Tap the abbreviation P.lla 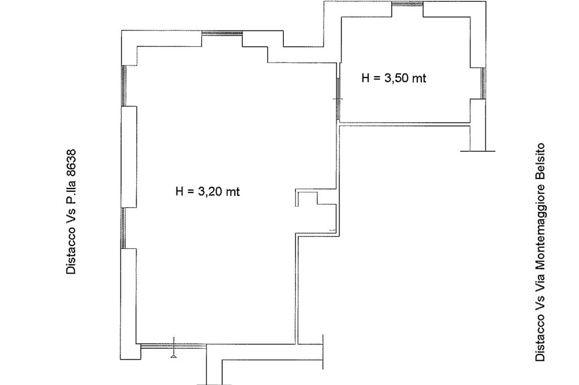[71, 192]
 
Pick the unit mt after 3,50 [420, 78]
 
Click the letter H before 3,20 [180, 192]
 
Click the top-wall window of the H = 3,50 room [407, 4]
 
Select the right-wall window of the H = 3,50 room [483, 84]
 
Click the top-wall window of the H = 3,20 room [222, 33]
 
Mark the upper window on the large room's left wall [124, 86]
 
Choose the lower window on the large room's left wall [123, 228]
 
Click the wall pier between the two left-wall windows [129, 157]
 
